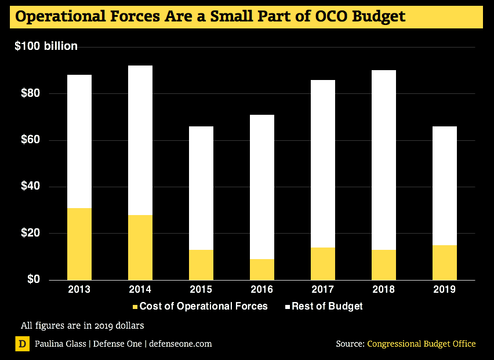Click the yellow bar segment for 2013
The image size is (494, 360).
pos(79,244)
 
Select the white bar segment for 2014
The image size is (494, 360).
pos(140,140)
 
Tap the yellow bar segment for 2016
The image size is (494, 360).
pos(262,270)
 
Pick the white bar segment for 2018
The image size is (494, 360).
pos(384,160)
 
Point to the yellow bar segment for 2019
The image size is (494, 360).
pos(445,263)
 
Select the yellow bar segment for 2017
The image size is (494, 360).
pos(323,264)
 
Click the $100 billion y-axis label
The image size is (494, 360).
pos(46,46)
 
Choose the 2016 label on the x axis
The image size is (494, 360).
pos(262,289)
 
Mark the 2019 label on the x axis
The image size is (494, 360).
pos(445,289)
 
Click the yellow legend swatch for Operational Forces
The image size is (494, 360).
pos(136,307)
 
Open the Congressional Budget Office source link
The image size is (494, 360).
pos(421,344)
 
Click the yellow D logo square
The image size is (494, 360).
pos(22,344)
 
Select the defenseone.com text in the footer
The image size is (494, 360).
pos(180,344)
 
